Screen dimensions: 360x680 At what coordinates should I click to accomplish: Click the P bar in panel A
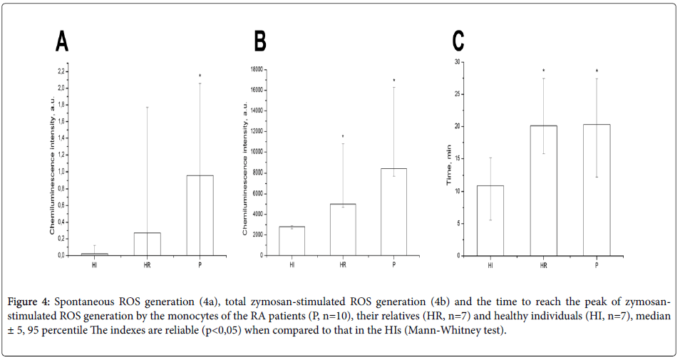(x=200, y=215)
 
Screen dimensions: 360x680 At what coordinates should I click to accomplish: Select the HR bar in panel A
(x=148, y=243)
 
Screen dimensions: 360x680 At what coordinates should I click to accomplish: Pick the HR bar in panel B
(x=343, y=229)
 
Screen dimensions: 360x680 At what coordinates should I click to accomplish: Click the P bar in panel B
(x=393, y=211)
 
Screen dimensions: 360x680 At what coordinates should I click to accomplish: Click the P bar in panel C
(x=597, y=190)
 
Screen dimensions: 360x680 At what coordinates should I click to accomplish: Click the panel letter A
(x=63, y=43)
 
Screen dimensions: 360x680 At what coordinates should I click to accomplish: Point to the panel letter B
(x=260, y=43)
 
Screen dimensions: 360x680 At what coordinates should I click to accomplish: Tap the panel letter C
(x=458, y=41)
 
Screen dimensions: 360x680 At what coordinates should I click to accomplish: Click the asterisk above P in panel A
(x=200, y=76)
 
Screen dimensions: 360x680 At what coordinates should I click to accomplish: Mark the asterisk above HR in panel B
(x=343, y=137)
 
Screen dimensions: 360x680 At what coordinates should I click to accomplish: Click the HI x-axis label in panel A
(x=95, y=266)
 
